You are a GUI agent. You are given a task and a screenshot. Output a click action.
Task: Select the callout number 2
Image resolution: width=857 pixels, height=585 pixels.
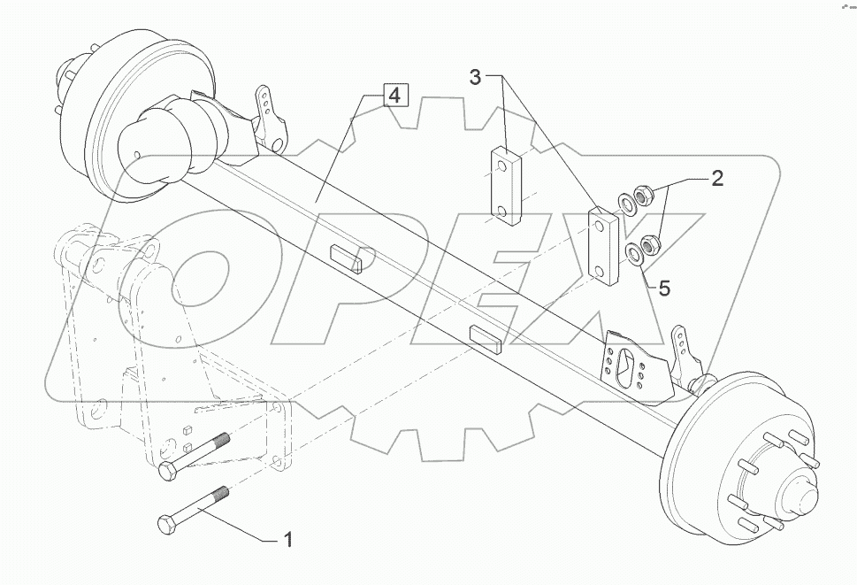(x=717, y=179)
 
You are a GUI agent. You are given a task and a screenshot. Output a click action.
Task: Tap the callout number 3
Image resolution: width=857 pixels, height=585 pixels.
(x=475, y=77)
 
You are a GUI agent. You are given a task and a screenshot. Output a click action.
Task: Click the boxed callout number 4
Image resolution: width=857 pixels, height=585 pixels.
(x=395, y=95)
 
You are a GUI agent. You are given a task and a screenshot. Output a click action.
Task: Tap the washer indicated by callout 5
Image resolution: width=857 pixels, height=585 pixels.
(x=635, y=257)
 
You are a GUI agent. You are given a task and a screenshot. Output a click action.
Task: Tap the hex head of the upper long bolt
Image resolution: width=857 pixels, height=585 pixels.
(x=167, y=473)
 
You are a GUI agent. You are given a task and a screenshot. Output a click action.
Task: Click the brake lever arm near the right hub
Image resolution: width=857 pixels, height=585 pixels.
(x=685, y=353)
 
